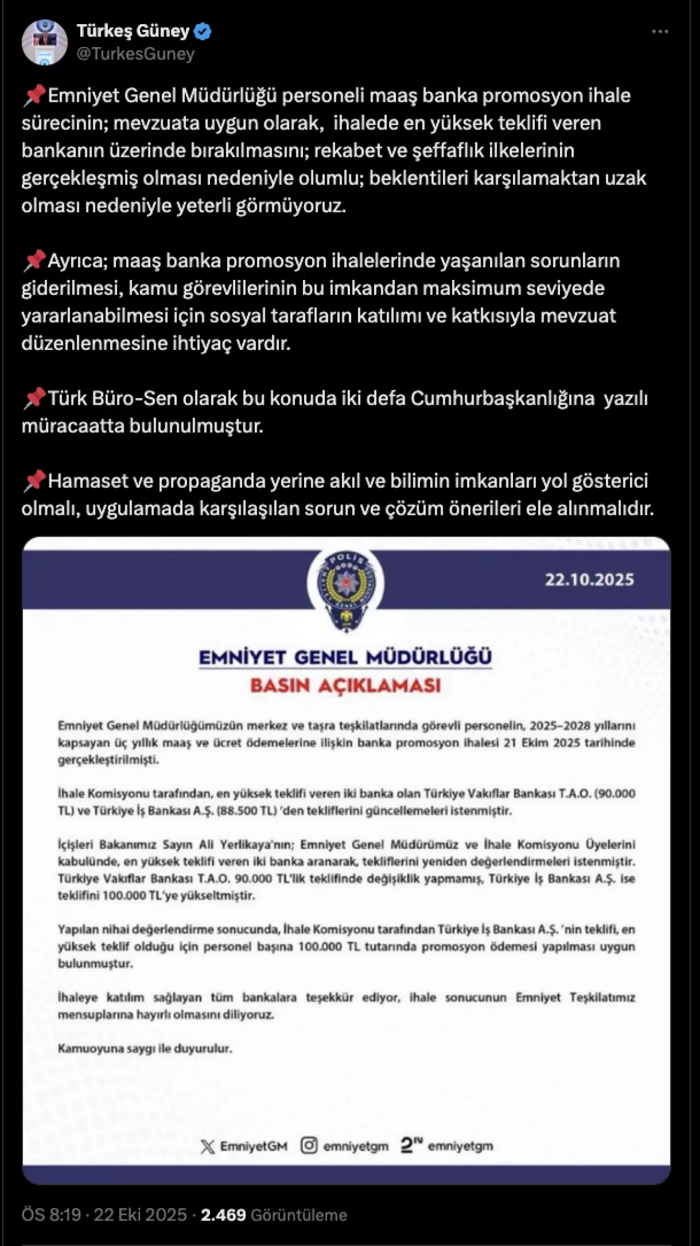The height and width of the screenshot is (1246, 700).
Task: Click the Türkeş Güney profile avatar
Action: tap(44, 42)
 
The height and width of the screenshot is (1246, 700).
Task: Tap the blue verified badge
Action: tap(202, 31)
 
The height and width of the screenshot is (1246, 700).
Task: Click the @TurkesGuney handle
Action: tap(136, 54)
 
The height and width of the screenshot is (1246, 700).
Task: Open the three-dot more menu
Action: tap(660, 32)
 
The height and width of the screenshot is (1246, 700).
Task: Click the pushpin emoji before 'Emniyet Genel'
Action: tap(34, 96)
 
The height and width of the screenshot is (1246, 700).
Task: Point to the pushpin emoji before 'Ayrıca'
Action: tap(34, 261)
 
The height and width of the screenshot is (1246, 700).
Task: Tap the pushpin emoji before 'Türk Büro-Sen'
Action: tap(34, 398)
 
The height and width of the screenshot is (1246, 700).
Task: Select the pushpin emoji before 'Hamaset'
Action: tap(34, 481)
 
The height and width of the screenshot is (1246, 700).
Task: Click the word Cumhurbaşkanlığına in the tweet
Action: tap(502, 398)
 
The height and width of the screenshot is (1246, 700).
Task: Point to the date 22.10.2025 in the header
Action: tap(589, 580)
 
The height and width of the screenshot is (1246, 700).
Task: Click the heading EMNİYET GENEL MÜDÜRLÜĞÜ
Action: tap(345, 657)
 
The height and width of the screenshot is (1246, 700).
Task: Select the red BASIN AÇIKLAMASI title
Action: tap(345, 685)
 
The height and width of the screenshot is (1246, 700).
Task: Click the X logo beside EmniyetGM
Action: tap(208, 1146)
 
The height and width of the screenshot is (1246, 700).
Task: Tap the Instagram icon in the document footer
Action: tap(308, 1145)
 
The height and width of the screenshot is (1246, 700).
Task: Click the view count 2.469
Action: tap(223, 1215)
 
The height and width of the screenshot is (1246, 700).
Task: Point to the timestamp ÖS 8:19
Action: tap(51, 1215)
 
